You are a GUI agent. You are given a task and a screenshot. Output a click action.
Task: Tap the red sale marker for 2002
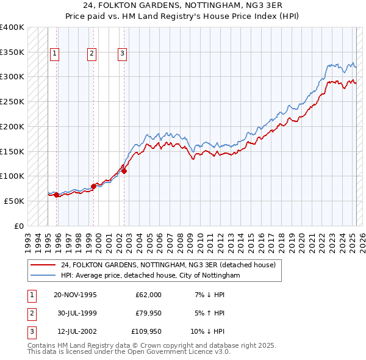pyautogui.click(x=124, y=171)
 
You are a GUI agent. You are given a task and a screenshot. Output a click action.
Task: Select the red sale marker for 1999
pyautogui.click(x=93, y=185)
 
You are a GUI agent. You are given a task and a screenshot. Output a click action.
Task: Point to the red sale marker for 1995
pyautogui.click(x=57, y=195)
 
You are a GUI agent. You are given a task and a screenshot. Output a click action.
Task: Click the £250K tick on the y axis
pyautogui.click(x=12, y=101)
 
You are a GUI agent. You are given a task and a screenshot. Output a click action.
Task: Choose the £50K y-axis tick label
pyautogui.click(x=14, y=200)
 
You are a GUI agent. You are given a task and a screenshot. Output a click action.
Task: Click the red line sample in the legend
pyautogui.click(x=43, y=265)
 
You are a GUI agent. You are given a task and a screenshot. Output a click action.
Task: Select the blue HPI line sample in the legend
pyautogui.click(x=43, y=275)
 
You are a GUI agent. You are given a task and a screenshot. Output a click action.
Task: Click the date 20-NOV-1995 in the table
pyautogui.click(x=76, y=295)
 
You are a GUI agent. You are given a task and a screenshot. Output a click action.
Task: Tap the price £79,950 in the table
pyautogui.click(x=148, y=313)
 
